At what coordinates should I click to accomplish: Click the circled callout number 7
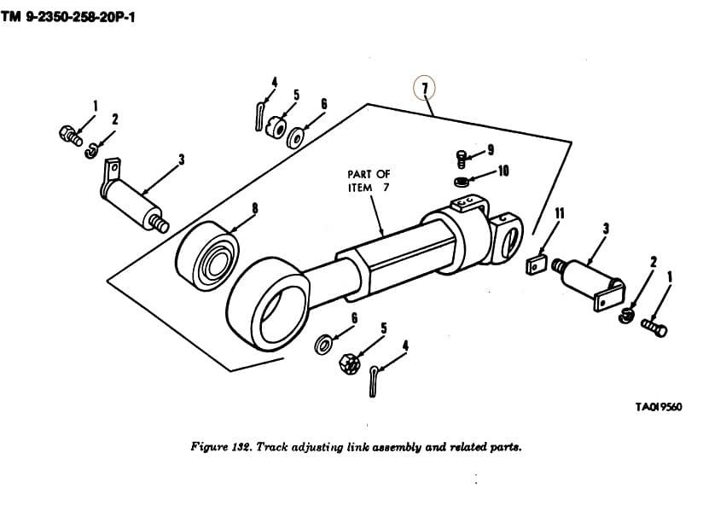(425, 89)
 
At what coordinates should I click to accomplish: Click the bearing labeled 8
(208, 256)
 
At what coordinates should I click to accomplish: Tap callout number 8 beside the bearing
(255, 208)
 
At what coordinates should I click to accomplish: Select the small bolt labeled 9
(462, 158)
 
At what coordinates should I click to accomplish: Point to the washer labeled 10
(462, 182)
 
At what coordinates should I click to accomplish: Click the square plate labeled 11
(536, 264)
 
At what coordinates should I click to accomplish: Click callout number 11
(560, 214)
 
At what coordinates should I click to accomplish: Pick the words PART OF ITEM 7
(369, 181)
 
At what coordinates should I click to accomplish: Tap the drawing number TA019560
(659, 407)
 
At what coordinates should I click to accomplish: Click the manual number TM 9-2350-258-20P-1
(67, 17)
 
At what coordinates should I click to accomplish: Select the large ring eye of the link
(268, 305)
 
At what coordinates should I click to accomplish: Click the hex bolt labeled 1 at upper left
(71, 135)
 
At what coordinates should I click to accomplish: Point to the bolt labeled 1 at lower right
(654, 328)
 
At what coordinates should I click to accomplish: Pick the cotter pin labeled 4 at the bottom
(374, 381)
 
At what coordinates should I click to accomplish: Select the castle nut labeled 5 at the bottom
(350, 363)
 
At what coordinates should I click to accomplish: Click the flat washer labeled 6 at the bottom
(322, 345)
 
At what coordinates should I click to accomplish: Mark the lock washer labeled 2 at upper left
(90, 151)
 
